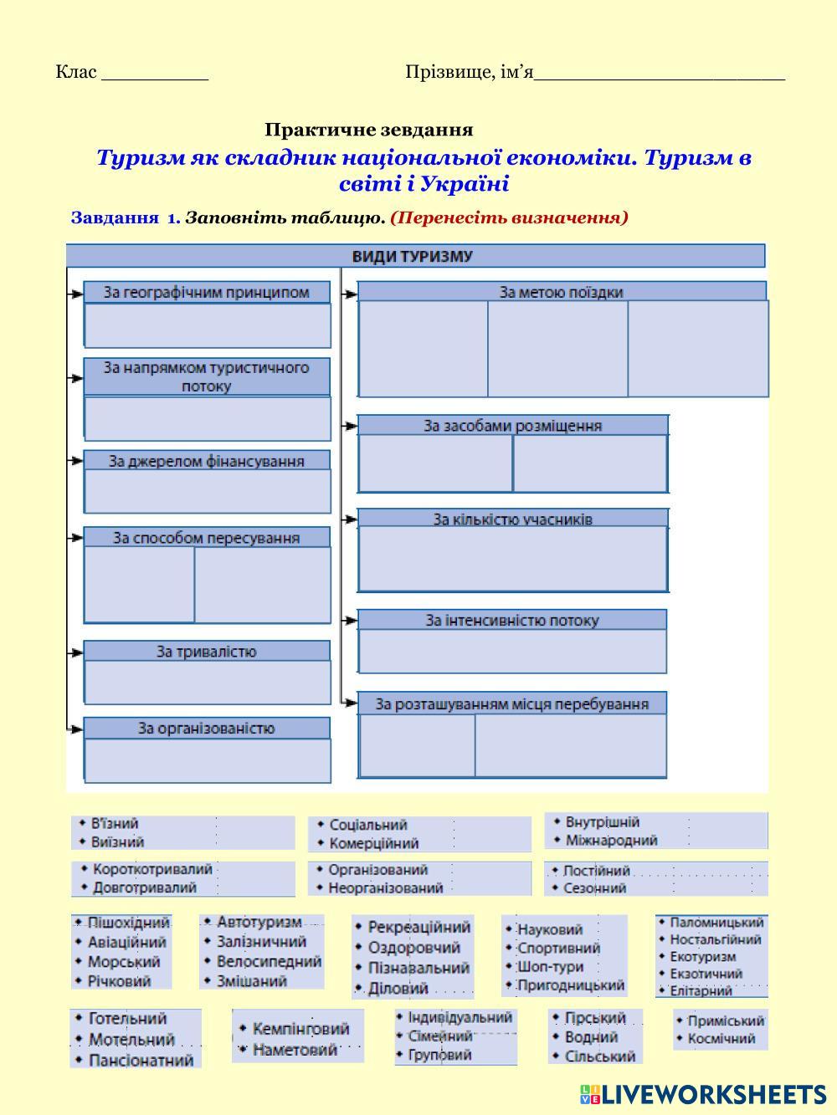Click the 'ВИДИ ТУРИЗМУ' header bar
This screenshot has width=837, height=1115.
[x=415, y=256]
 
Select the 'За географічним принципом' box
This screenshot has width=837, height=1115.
[x=207, y=292]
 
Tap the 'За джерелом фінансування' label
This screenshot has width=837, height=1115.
[x=207, y=461]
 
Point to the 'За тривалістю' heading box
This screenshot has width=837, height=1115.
[x=207, y=652]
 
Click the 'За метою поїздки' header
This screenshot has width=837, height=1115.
[x=561, y=292]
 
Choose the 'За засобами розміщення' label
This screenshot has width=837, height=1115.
[x=512, y=426]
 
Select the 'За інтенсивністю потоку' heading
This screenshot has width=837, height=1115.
[x=512, y=621]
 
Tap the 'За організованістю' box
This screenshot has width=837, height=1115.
[x=207, y=729]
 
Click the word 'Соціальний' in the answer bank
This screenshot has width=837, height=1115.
[x=368, y=825]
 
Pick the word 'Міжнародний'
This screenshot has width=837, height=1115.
[x=611, y=840]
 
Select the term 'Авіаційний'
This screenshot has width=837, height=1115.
[x=127, y=942]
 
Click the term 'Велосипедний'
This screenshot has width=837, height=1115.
[x=270, y=961]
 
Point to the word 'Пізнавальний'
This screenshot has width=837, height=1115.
[x=418, y=968]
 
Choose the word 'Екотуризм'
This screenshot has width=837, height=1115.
[x=703, y=956]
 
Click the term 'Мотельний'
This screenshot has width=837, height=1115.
[x=131, y=1040]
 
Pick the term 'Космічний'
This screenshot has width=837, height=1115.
[x=721, y=1039]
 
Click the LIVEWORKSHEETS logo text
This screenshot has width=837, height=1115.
[x=713, y=1094]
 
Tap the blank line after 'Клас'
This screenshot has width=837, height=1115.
[x=155, y=74]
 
